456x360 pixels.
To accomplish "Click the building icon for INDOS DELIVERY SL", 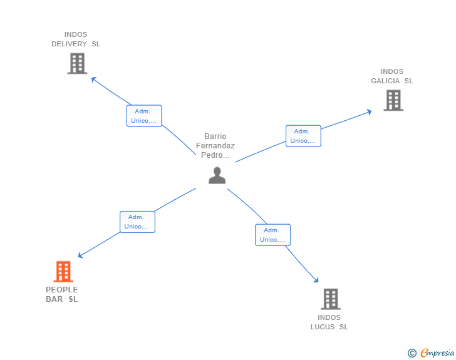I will [x=76, y=63].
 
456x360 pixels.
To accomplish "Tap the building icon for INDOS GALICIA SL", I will [x=393, y=100].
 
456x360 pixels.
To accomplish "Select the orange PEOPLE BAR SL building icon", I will [x=63, y=272].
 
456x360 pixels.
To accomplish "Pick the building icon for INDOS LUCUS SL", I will [x=330, y=299].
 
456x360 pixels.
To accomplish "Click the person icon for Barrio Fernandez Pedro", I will [x=217, y=176].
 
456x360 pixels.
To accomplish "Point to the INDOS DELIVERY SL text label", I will [x=76, y=39].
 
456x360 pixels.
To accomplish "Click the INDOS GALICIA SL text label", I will [x=392, y=76].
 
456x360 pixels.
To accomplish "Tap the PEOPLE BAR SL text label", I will [x=62, y=294].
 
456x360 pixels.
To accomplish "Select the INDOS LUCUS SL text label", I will [x=329, y=322].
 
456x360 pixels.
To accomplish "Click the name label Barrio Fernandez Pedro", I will [x=215, y=146].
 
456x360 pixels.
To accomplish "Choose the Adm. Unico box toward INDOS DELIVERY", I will [x=144, y=116].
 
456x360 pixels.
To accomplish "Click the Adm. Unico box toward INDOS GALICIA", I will [x=303, y=136].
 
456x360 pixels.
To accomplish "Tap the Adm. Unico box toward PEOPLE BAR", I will [x=137, y=222].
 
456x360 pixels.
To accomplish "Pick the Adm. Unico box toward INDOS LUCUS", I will [x=272, y=235].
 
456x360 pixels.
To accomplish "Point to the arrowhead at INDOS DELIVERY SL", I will [x=93, y=79].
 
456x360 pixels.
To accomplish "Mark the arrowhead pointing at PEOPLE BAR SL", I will [x=80, y=255].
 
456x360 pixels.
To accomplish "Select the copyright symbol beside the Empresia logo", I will [x=412, y=353].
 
